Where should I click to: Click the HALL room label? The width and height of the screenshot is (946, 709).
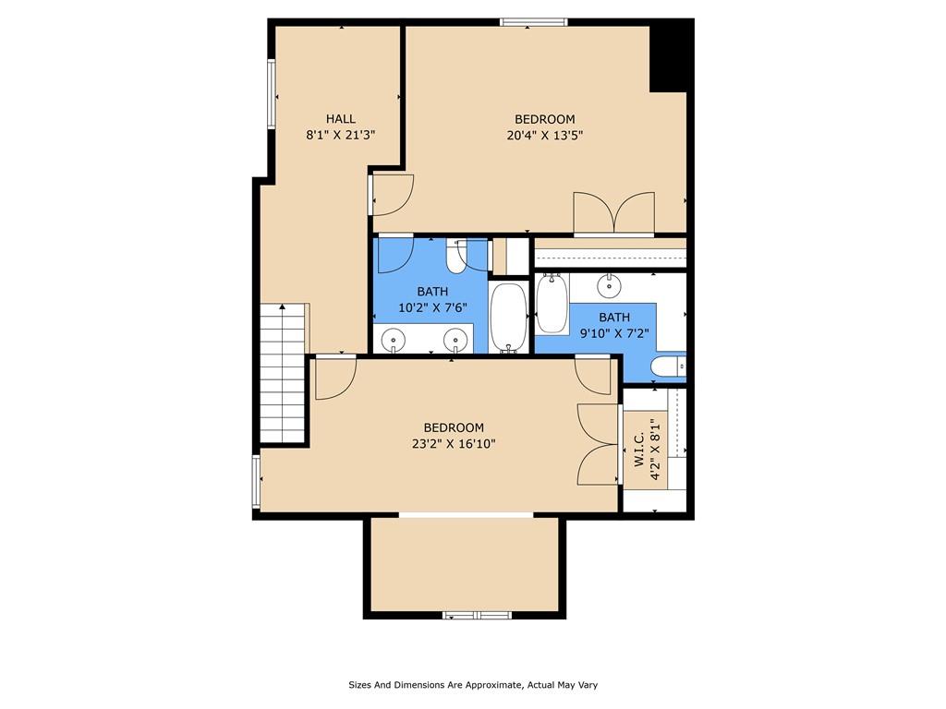341,119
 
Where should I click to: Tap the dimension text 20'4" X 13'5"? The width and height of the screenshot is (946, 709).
545,135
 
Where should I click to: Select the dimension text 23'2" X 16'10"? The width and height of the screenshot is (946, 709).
454,444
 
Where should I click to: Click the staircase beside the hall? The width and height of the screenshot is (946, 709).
283,374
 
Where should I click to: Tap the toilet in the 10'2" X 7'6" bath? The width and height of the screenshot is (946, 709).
455,256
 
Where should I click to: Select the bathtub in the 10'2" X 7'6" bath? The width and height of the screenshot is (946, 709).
509,318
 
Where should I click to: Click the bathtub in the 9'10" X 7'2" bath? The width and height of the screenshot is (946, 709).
552,303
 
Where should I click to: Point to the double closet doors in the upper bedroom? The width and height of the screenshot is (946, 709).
613,212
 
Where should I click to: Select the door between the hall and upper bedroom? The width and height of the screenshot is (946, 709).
391,195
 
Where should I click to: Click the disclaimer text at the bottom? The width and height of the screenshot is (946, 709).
473,685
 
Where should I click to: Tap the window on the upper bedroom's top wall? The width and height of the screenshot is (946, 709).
534,22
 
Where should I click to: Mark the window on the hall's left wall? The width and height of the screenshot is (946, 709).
272,93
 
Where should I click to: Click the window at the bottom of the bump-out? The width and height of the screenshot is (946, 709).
478,616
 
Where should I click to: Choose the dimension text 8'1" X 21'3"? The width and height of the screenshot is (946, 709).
341,135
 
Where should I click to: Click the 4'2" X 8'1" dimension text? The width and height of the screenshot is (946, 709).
655,449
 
